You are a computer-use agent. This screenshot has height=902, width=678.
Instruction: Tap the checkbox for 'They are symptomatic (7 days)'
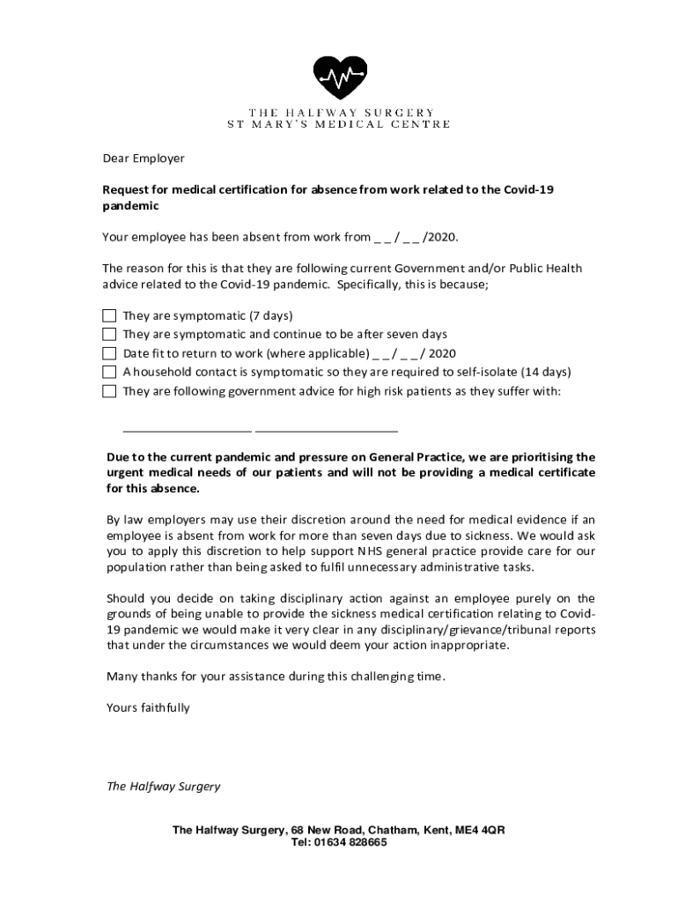pyautogui.click(x=109, y=315)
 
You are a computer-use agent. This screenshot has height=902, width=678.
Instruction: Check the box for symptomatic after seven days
pyautogui.click(x=109, y=334)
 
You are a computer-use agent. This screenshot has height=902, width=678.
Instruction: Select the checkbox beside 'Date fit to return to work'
pyautogui.click(x=109, y=353)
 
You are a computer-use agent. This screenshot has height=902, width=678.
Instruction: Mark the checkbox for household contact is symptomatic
pyautogui.click(x=109, y=372)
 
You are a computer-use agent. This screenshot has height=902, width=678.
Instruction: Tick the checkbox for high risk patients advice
pyautogui.click(x=109, y=391)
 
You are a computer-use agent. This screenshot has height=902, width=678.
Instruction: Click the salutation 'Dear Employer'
pyautogui.click(x=144, y=159)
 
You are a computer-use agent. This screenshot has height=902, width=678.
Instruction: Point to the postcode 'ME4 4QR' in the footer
pyautogui.click(x=480, y=830)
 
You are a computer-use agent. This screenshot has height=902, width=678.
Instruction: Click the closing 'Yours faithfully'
pyautogui.click(x=148, y=707)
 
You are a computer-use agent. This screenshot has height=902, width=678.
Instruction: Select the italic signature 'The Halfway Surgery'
pyautogui.click(x=163, y=787)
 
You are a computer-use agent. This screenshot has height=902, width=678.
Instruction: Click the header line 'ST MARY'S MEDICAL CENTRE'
pyautogui.click(x=339, y=124)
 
